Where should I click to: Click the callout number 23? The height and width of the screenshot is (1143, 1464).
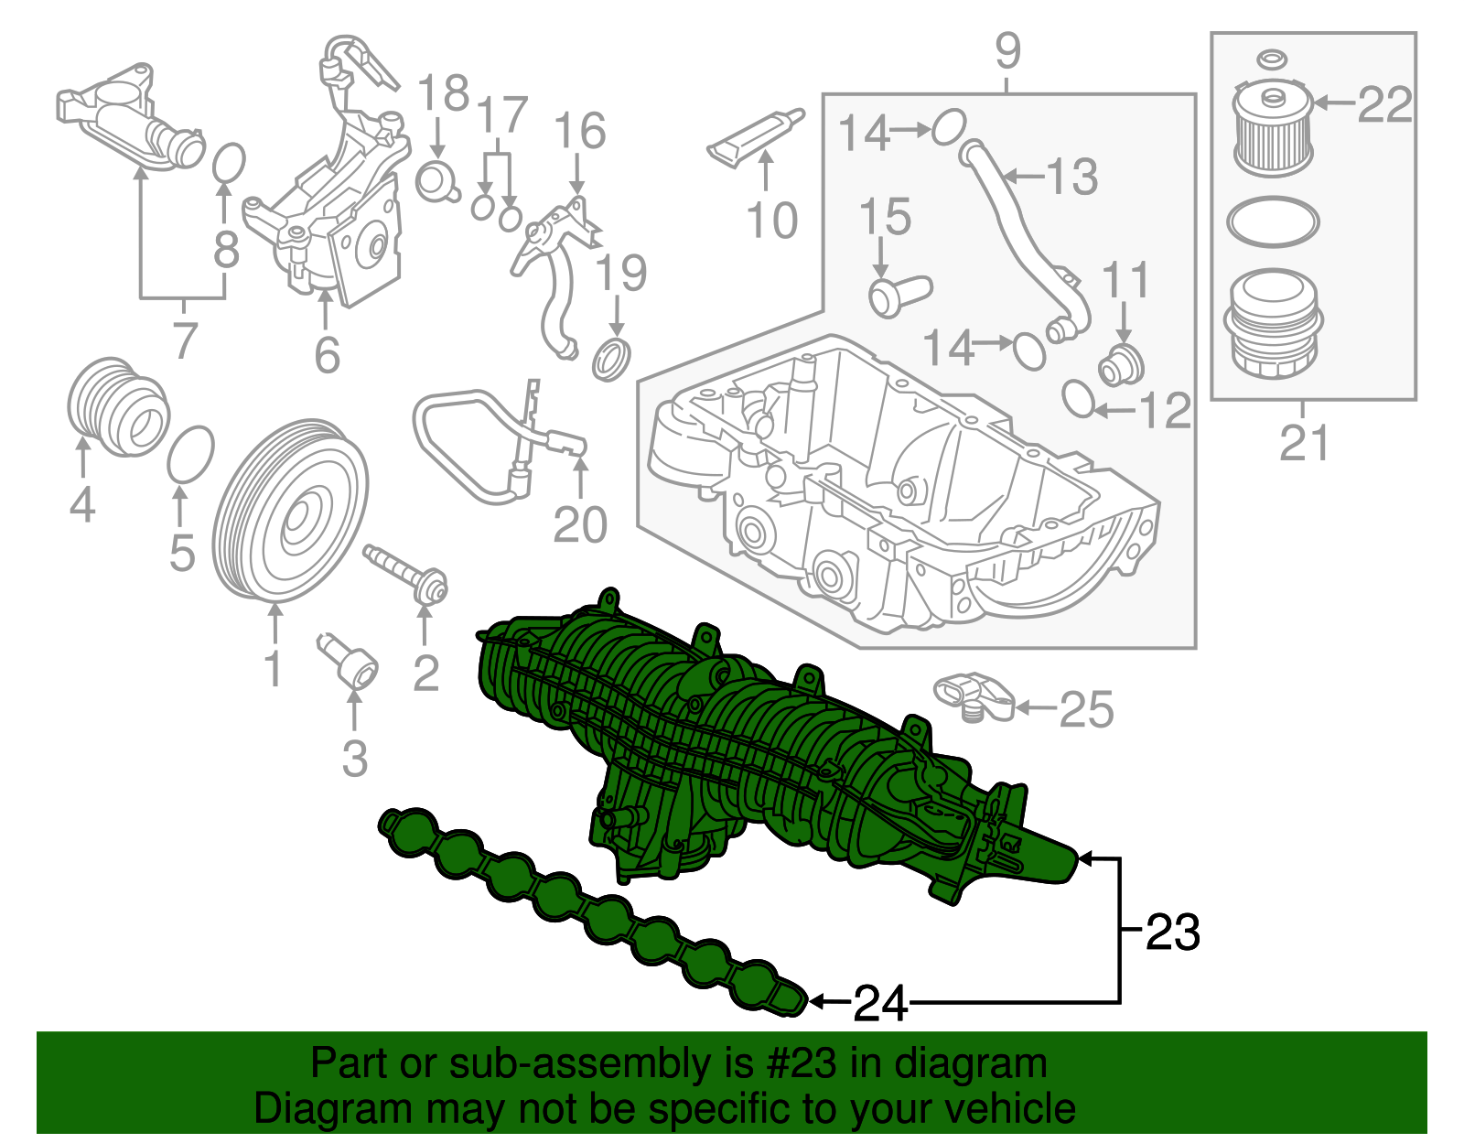point(1172,933)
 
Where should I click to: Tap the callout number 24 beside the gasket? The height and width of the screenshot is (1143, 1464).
point(879,1004)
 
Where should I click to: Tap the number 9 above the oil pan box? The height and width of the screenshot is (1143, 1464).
point(1007,51)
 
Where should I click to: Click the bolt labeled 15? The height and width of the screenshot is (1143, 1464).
point(897,296)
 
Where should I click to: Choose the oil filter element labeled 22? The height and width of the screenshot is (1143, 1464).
point(1273,128)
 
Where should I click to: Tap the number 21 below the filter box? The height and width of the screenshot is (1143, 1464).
point(1303,444)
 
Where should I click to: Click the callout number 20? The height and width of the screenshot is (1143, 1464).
point(580,525)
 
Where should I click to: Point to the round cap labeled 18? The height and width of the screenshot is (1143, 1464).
point(436,180)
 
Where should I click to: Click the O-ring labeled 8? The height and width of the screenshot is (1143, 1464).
point(229,163)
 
